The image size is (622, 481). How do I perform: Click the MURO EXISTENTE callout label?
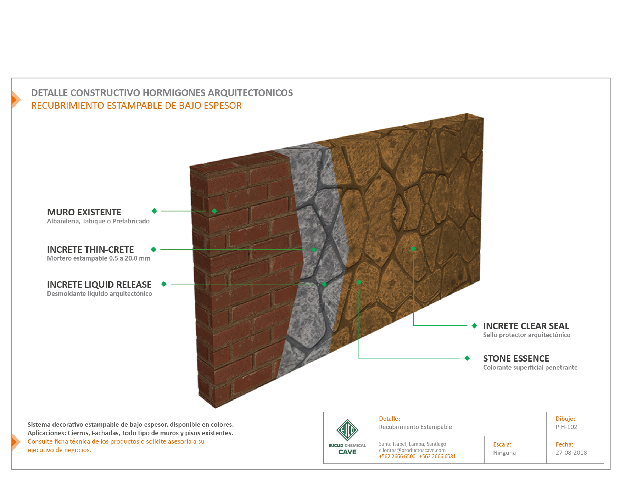84,212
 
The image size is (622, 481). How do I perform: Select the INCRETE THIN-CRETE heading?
90,250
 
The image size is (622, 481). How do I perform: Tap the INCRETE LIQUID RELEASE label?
99,285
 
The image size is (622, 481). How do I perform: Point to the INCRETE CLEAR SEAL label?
526,326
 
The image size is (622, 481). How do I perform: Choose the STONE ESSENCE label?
516,359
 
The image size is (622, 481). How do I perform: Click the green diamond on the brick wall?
214,211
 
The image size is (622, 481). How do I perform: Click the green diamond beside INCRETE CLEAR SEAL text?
474,326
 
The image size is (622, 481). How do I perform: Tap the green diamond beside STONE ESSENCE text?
467,358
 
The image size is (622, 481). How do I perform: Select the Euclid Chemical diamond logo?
347,430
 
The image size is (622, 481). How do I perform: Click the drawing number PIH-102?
566,427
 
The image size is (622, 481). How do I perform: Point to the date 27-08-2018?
571,452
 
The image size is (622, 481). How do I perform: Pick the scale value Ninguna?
504,452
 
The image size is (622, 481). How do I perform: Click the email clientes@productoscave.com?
412,450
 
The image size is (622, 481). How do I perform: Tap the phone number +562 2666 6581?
437,456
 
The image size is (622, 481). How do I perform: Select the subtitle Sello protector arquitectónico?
527,335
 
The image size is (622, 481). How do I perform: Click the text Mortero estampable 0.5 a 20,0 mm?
99,258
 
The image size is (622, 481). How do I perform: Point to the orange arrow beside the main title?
16,100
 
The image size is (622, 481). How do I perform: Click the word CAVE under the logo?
347,452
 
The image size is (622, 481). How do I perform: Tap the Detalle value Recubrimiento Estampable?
415,427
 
